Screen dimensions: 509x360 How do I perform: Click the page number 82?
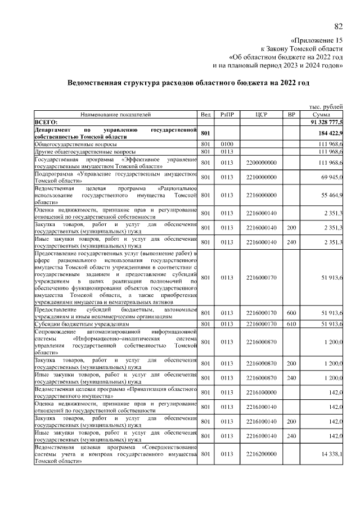tap(338, 26)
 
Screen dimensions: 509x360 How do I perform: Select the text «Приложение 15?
tap(316, 40)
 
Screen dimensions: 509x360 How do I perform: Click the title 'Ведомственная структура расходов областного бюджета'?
tap(188, 82)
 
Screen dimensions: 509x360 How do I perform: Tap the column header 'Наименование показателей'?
tap(116, 114)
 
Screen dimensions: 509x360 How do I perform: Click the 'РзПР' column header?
tap(227, 114)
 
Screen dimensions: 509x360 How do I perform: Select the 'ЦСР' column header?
tap(260, 114)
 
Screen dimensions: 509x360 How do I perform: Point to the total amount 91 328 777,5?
tap(326, 121)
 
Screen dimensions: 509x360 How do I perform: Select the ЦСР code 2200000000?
tap(260, 163)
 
